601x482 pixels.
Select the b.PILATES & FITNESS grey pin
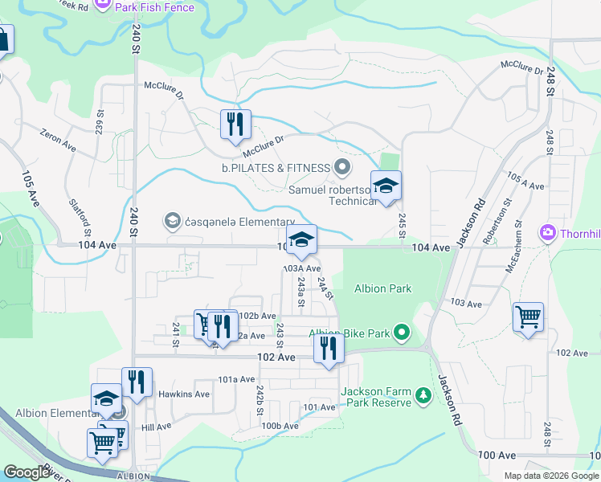(x=343, y=167)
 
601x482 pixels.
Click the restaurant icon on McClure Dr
(x=235, y=125)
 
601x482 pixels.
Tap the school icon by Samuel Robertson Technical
(x=386, y=187)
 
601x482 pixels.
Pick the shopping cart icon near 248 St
(x=528, y=317)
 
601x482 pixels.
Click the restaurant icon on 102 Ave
(x=328, y=348)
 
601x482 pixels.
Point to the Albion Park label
(x=382, y=288)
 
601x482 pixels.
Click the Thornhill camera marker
(x=549, y=233)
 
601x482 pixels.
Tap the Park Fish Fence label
(x=154, y=6)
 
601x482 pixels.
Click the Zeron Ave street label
(x=58, y=142)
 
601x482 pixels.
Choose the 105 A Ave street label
(x=525, y=180)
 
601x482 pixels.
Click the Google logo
(x=27, y=472)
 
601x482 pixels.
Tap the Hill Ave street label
(x=157, y=427)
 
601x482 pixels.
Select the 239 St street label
(x=100, y=122)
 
